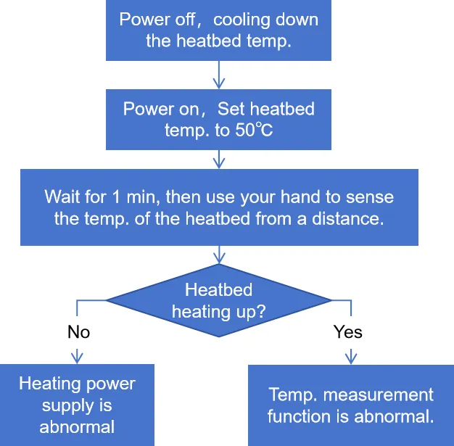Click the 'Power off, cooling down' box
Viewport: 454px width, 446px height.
pyautogui.click(x=218, y=30)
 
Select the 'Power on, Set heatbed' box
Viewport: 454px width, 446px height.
pyautogui.click(x=218, y=120)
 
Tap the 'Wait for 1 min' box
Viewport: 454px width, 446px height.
pyautogui.click(x=219, y=207)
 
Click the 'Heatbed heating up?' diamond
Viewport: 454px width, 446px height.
pyautogui.click(x=219, y=300)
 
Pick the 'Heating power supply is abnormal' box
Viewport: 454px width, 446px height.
pyautogui.click(x=77, y=405)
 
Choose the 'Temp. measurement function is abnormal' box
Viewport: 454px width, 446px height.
pyautogui.click(x=351, y=405)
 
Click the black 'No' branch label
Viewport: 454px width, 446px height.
pyautogui.click(x=78, y=331)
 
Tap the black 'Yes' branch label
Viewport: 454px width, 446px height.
pyautogui.click(x=347, y=331)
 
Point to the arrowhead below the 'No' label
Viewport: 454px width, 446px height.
pyautogui.click(x=77, y=357)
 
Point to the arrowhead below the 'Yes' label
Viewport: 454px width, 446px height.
pyautogui.click(x=351, y=358)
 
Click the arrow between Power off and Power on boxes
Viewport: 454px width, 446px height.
pyautogui.click(x=219, y=75)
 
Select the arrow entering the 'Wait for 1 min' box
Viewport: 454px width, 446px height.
pyautogui.click(x=219, y=160)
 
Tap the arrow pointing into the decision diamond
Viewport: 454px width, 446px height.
pyautogui.click(x=219, y=255)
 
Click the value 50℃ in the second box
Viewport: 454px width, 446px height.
pyautogui.click(x=254, y=130)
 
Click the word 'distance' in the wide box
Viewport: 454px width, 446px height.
pyautogui.click(x=347, y=218)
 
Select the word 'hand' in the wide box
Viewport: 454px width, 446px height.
pyautogui.click(x=300, y=197)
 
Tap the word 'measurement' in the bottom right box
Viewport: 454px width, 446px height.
pyautogui.click(x=378, y=395)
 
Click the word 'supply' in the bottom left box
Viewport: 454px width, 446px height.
pyautogui.click(x=67, y=406)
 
